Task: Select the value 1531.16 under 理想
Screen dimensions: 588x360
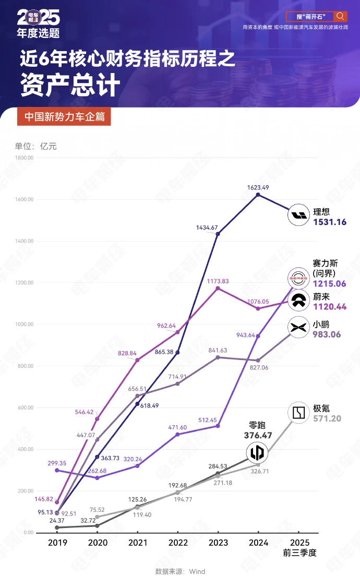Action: click(330, 222)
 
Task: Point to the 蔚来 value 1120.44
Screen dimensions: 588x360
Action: click(330, 307)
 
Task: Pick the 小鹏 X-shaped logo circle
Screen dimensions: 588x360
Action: click(298, 328)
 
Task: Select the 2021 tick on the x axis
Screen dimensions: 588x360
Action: click(138, 543)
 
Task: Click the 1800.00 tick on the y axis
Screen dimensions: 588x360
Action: click(25, 158)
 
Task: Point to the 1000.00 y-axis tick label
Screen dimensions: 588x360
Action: click(25, 324)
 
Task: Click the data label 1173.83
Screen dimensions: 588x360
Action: click(218, 281)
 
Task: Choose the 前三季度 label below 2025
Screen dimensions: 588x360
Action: click(298, 553)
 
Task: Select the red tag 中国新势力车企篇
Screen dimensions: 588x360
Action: click(64, 117)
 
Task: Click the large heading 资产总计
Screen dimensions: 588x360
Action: click(70, 86)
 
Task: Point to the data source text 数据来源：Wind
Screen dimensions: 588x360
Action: click(180, 571)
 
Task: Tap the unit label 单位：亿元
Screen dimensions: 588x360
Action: click(36, 147)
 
